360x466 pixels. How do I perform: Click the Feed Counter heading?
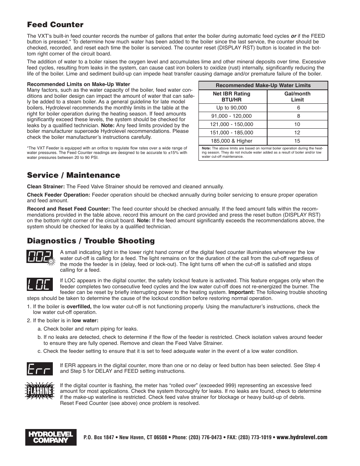tap(55, 25)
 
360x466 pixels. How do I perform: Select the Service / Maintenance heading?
tap(74, 175)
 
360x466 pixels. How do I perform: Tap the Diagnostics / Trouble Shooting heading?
tap(91, 241)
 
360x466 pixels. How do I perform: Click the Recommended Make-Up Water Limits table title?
tap(263, 85)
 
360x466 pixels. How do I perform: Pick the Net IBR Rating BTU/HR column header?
tap(231, 97)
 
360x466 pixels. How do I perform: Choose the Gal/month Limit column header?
tap(297, 97)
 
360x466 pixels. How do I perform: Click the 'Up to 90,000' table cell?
tap(231, 108)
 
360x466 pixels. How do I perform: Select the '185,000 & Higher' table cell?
tap(231, 141)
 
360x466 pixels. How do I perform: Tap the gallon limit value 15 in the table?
tap(297, 141)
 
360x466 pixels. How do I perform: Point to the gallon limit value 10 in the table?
tap(297, 124)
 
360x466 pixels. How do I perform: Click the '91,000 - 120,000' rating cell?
tap(231, 116)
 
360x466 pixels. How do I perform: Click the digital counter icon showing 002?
tap(40, 257)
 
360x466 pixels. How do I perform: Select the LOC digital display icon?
tap(39, 285)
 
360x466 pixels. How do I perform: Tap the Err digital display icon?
tap(39, 368)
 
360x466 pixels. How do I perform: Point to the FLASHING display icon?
tap(39, 391)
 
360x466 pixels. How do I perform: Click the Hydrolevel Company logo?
tap(51, 437)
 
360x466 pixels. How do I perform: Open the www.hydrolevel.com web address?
tap(302, 437)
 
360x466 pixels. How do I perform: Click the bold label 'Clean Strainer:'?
tap(46, 186)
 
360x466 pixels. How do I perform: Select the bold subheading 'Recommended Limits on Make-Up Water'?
tap(78, 85)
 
